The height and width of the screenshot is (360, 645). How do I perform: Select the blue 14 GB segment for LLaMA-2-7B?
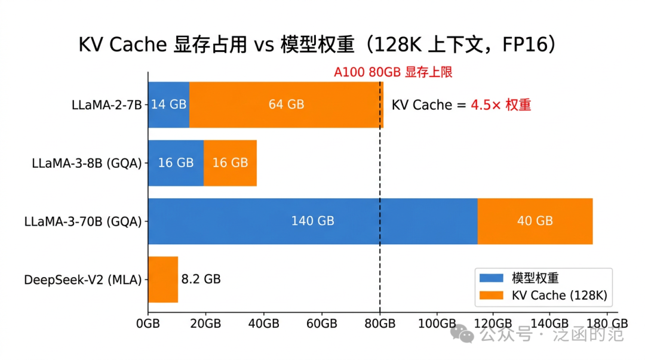point(168,104)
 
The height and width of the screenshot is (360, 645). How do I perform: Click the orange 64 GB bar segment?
point(286,104)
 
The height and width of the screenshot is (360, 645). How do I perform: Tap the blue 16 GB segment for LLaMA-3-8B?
point(176,162)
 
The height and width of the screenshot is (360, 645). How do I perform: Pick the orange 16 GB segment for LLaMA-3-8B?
point(230,162)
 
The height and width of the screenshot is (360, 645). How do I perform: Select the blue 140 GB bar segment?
point(312,221)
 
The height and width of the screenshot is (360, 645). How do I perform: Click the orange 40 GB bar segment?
point(535,221)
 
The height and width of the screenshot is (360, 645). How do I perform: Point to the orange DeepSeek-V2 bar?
point(162,279)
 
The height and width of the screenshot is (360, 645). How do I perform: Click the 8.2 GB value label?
point(201,279)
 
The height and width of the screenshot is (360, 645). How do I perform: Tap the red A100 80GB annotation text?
point(392,72)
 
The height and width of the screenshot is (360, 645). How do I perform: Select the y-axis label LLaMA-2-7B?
point(106,105)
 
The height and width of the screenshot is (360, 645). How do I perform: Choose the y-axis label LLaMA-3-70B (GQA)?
point(83,221)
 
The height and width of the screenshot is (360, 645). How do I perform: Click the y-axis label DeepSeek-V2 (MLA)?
point(83,279)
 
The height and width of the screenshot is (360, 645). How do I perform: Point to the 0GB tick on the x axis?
point(148,324)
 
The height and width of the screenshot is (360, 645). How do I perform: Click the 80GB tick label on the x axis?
point(380,324)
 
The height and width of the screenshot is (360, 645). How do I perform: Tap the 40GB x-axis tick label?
point(263,324)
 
